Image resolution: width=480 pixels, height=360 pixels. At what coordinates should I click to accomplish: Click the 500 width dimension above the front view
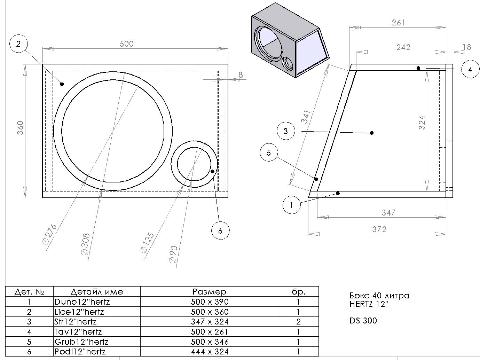126,44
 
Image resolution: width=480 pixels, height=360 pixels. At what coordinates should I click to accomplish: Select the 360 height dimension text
20,128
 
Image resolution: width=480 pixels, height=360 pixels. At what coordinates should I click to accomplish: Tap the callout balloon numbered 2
18,44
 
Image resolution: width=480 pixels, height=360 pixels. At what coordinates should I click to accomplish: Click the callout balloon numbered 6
220,230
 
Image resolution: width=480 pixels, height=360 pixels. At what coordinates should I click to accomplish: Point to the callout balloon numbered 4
470,69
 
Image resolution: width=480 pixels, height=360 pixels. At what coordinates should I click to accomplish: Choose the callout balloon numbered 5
269,152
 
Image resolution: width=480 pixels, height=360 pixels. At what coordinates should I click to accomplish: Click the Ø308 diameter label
86,244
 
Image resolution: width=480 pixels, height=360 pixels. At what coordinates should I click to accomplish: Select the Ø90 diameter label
173,254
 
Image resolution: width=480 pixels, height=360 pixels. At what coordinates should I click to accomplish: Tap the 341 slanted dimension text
306,117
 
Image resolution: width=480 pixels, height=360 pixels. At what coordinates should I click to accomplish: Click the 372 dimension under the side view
379,229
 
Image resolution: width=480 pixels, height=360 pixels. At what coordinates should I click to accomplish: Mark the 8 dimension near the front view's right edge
241,75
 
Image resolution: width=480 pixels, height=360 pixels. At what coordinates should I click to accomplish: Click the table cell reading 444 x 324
210,352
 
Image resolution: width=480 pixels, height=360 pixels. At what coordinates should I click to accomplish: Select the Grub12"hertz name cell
97,342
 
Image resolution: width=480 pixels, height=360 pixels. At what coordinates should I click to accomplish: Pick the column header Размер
209,292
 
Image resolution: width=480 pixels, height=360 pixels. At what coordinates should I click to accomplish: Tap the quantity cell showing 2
299,321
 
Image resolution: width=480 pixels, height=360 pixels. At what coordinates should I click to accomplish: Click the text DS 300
363,321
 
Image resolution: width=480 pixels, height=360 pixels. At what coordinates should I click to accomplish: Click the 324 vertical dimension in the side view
422,123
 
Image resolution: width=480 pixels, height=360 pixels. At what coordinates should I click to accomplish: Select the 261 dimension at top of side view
398,23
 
